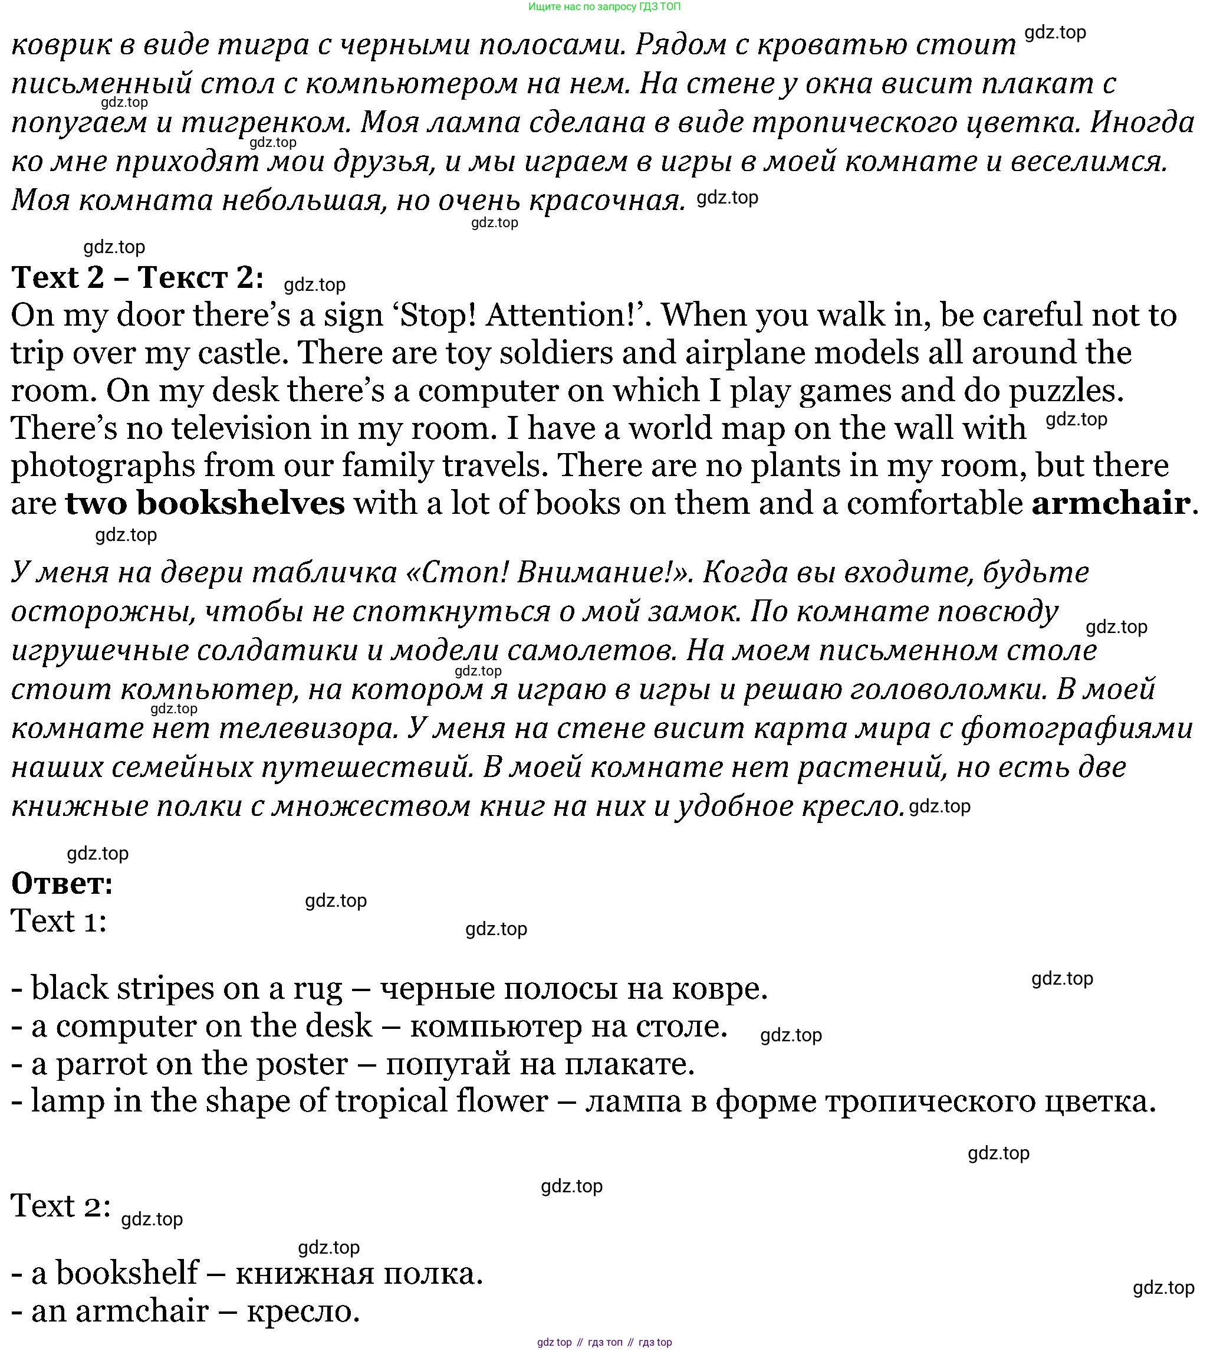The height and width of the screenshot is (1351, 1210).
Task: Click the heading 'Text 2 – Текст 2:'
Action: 137,277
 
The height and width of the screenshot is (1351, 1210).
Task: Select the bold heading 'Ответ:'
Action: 63,883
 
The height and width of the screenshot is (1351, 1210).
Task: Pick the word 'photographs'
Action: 103,466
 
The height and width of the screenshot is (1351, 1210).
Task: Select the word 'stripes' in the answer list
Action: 166,988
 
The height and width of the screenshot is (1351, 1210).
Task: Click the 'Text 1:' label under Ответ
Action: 58,922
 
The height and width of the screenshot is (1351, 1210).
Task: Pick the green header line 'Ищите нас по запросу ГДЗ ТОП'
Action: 604,6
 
